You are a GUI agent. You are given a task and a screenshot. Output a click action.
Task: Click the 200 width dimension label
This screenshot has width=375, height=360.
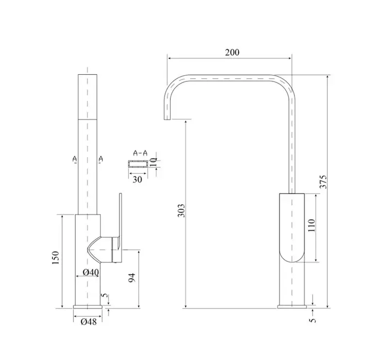[x=232, y=52]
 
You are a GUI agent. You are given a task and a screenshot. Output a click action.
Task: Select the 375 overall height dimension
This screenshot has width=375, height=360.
[x=323, y=182]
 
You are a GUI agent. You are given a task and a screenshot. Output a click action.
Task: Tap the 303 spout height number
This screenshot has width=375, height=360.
[x=181, y=211]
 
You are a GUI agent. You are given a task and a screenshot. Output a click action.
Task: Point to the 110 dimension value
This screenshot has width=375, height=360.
[x=311, y=225]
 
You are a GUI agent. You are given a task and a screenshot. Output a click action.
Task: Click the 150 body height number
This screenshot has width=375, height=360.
[x=55, y=258]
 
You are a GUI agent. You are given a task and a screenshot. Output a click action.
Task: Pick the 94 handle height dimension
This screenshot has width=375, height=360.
[x=132, y=278]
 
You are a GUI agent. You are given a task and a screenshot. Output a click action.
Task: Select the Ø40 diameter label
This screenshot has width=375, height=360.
[x=91, y=272]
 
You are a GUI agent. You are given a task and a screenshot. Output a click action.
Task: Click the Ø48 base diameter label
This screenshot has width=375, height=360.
[x=89, y=322]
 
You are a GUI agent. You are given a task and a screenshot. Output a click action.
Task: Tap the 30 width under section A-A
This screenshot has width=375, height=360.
[x=137, y=180]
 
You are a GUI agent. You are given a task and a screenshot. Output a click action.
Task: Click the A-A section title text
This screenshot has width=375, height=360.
[x=140, y=153]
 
